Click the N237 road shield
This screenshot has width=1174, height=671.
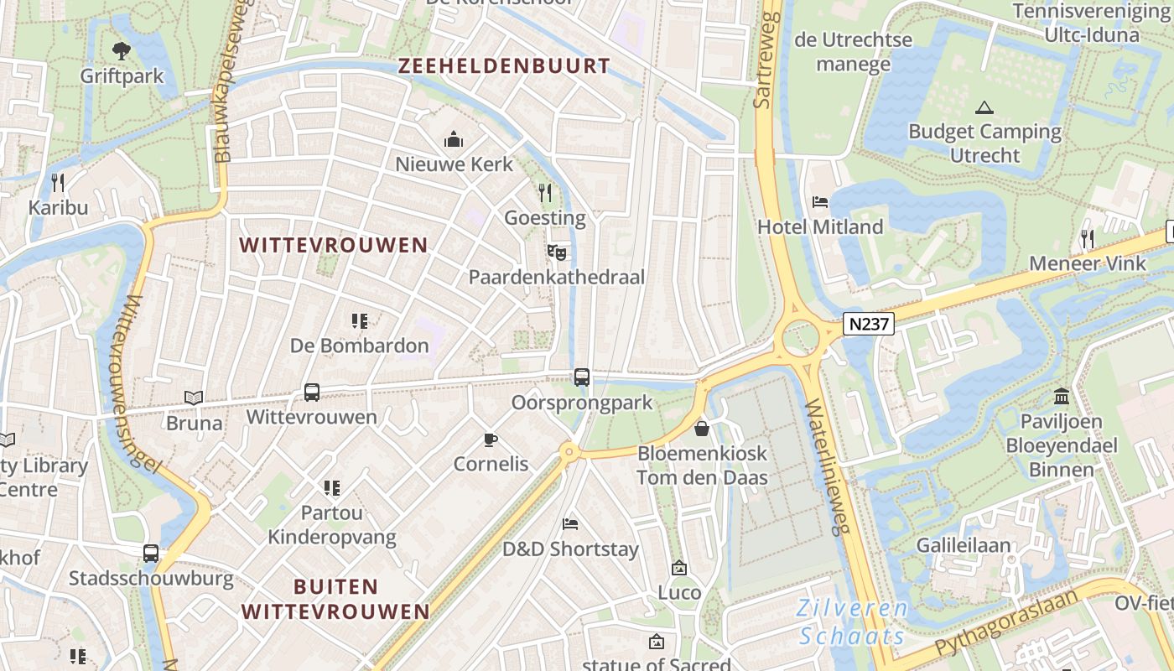tap(869, 324)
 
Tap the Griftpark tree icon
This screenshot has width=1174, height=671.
tap(122, 51)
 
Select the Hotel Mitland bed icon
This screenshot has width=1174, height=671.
tap(820, 202)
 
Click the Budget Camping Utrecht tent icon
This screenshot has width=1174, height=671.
tap(984, 107)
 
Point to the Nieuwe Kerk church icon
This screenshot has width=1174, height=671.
tap(454, 138)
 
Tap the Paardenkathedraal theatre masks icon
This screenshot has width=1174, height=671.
tap(556, 251)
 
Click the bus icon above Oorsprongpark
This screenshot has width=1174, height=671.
tap(582, 377)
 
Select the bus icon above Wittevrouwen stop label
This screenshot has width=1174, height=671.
tap(311, 392)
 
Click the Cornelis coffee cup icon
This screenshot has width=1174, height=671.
tap(491, 440)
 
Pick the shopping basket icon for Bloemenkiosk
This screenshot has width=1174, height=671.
tap(702, 429)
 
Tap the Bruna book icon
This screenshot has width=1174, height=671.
tap(194, 398)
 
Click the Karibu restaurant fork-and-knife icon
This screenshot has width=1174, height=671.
tap(58, 182)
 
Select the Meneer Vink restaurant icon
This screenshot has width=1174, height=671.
tap(1088, 238)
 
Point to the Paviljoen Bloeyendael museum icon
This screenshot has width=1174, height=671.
tap(1062, 396)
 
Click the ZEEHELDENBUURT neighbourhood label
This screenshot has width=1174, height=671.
tap(504, 66)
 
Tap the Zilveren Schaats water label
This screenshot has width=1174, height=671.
tap(852, 622)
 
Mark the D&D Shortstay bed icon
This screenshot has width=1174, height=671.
tap(570, 524)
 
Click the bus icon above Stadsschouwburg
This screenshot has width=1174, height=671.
tap(151, 554)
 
